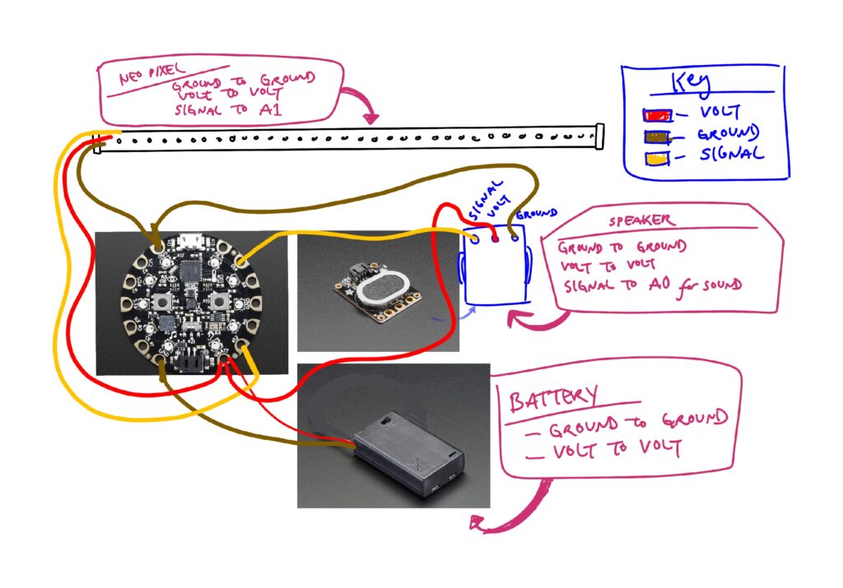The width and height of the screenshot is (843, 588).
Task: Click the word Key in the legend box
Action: click(695, 84)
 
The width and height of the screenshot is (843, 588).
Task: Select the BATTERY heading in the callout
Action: click(554, 399)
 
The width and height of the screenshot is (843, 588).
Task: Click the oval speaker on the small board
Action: click(383, 287)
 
